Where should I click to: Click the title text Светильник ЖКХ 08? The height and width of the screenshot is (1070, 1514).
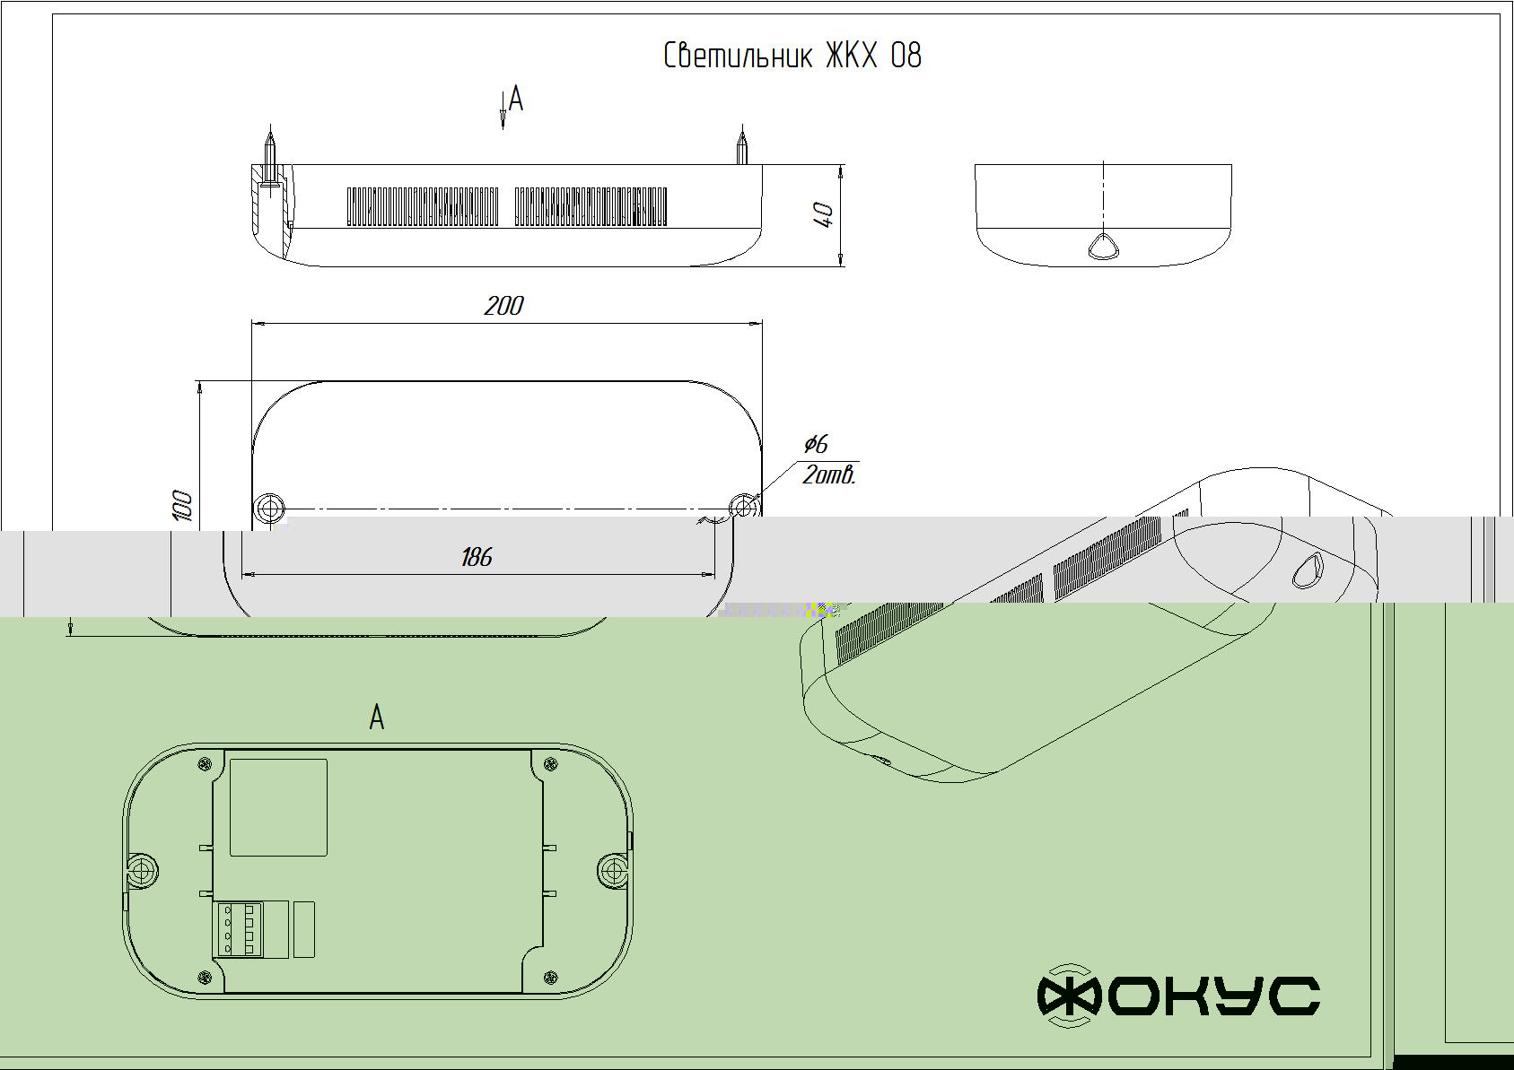792,56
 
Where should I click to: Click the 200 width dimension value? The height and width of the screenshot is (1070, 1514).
503,306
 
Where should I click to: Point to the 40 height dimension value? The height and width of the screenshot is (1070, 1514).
825,215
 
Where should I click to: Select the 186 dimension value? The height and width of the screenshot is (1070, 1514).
477,557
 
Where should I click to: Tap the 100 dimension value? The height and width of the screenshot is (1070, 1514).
183,506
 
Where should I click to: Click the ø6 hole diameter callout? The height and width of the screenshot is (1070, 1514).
816,444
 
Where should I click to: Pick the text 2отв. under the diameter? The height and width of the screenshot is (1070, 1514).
829,475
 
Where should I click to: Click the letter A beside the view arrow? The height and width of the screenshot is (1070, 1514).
516,99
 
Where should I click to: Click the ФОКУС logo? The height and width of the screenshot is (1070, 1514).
1178,996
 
